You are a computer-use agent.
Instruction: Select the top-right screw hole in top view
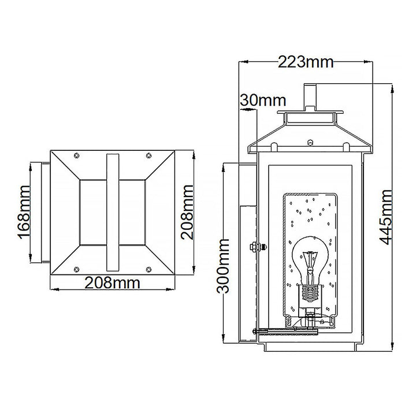[149, 155]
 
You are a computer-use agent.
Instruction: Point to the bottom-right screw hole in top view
[149, 267]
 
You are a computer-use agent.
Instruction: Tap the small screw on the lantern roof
[310, 140]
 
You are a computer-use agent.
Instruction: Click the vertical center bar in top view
[112, 211]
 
